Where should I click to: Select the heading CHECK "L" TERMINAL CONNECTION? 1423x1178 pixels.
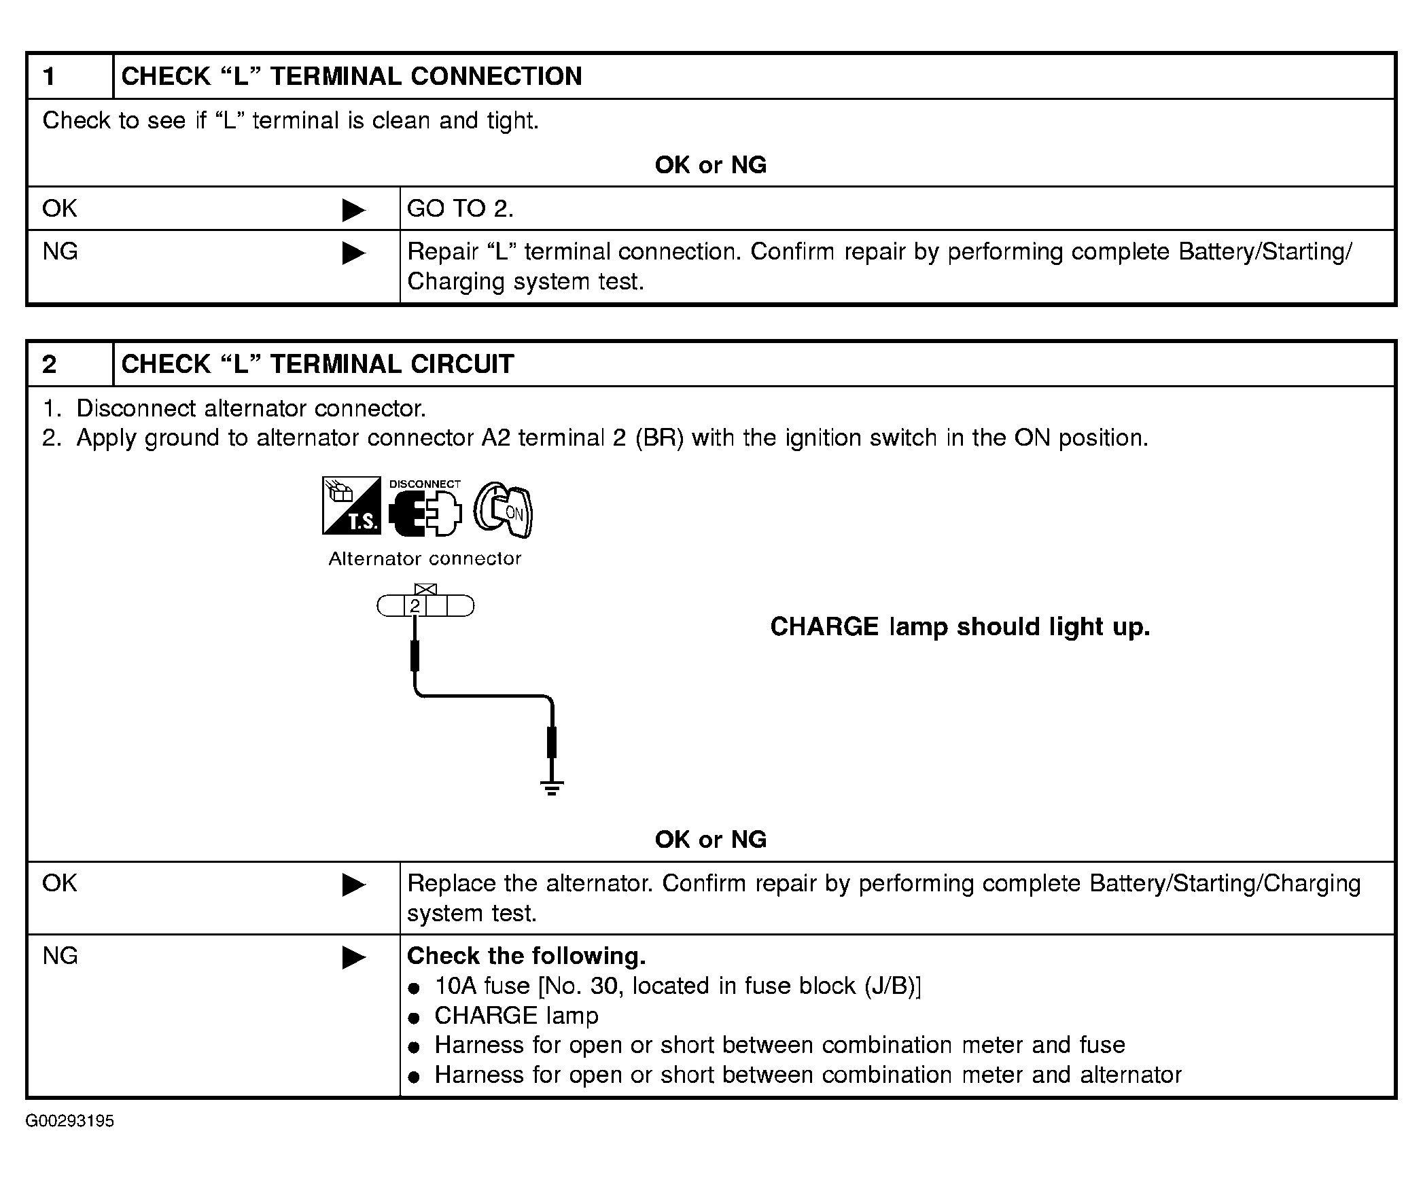(351, 76)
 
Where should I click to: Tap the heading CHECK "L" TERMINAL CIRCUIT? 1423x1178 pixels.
(317, 364)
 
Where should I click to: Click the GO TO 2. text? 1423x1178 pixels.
(460, 209)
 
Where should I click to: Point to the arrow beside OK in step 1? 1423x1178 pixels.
(353, 210)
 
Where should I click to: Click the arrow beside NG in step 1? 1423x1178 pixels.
(353, 253)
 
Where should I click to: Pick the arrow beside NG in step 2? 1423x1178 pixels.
(353, 958)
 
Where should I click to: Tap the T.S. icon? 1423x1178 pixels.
(351, 505)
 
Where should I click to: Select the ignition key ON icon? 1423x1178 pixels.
(503, 510)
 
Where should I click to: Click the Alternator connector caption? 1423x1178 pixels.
(425, 559)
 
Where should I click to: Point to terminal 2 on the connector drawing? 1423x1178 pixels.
(415, 606)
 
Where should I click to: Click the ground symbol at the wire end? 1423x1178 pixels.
(552, 788)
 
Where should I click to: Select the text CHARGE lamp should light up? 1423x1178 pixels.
(960, 626)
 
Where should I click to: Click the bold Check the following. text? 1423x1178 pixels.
(526, 956)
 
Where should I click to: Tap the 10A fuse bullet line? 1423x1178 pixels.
(677, 986)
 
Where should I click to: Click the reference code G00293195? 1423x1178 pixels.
(70, 1121)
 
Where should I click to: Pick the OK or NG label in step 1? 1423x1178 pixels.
(710, 165)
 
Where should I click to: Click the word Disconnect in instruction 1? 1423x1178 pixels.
(137, 408)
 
